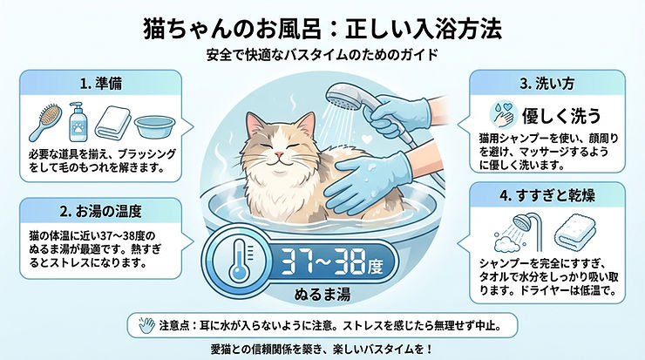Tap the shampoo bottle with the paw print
coord(77,122)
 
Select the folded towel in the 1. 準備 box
coord(112,122)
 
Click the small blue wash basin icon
coord(154,126)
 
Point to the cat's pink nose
coord(279,154)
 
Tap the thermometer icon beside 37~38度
coord(239,261)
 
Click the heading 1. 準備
coord(101,84)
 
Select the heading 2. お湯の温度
coord(100,211)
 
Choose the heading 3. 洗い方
coord(547,84)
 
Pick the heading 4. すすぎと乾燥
coord(547,195)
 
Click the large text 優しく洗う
coord(561,116)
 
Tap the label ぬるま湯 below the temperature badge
coord(322,295)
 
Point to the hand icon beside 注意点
coord(146,324)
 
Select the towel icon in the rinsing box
coord(574,232)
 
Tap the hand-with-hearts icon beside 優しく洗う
coord(503,115)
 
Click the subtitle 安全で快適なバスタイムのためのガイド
coord(322,55)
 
